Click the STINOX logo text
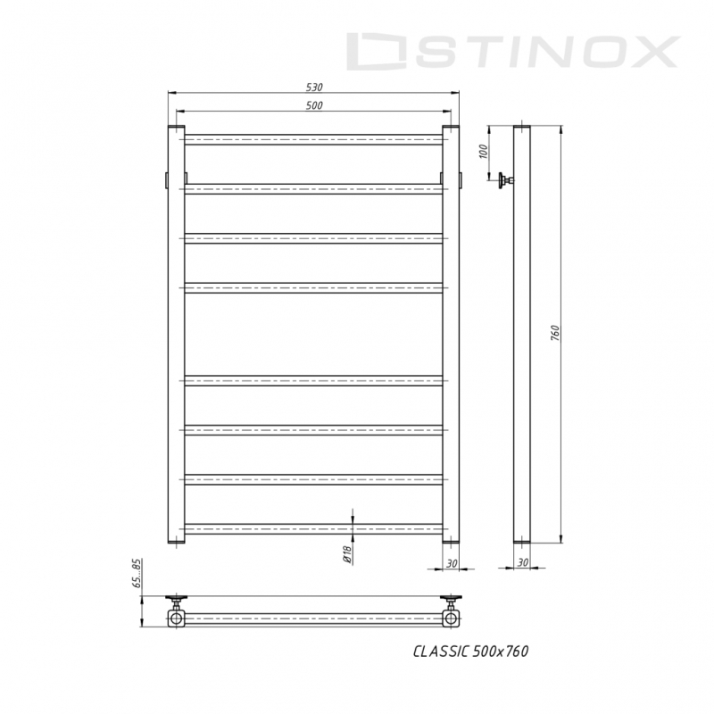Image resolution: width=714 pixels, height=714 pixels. (512, 52)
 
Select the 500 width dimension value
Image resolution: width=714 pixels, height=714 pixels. (313, 105)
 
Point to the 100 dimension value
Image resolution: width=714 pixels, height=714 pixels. (485, 152)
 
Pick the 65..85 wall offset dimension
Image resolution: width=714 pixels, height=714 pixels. (137, 575)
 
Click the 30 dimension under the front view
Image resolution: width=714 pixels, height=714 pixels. (451, 563)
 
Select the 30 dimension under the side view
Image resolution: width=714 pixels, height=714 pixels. (523, 563)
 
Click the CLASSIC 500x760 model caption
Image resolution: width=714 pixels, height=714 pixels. (470, 652)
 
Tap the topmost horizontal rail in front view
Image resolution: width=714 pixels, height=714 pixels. (313, 138)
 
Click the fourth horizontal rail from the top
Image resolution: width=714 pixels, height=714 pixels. (313, 287)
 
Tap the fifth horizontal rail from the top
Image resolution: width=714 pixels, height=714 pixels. (313, 381)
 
